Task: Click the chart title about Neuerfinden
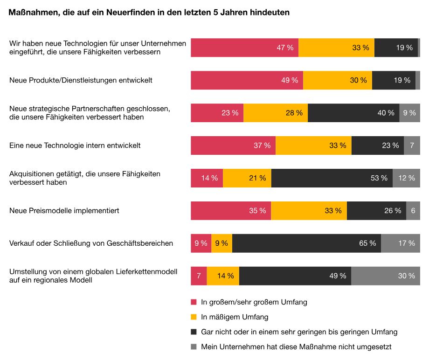pyautogui.click(x=149, y=13)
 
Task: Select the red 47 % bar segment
pyautogui.click(x=244, y=48)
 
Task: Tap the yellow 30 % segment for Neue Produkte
pyautogui.click(x=338, y=80)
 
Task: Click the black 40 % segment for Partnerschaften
pyautogui.click(x=353, y=113)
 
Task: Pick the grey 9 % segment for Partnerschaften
pyautogui.click(x=409, y=113)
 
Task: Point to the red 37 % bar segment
pyautogui.click(x=233, y=145)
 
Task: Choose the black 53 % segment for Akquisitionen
pyautogui.click(x=332, y=178)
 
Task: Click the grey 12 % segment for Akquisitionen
pyautogui.click(x=406, y=178)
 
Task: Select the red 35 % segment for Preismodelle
pyautogui.click(x=231, y=211)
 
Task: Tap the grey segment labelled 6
pyautogui.click(x=413, y=211)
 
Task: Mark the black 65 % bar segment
pyautogui.click(x=306, y=243)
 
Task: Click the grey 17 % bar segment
pyautogui.click(x=401, y=243)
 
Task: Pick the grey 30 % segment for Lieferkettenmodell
pyautogui.click(x=386, y=276)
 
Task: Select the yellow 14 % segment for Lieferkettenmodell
pyautogui.click(x=223, y=276)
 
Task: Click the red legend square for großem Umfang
pyautogui.click(x=194, y=302)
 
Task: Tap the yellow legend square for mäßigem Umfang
pyautogui.click(x=194, y=317)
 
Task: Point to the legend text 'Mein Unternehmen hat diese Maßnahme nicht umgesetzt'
pyautogui.click(x=296, y=347)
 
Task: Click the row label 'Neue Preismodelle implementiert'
pyautogui.click(x=64, y=211)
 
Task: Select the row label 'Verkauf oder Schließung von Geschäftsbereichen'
pyautogui.click(x=91, y=243)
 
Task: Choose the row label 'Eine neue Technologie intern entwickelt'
pyautogui.click(x=75, y=145)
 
